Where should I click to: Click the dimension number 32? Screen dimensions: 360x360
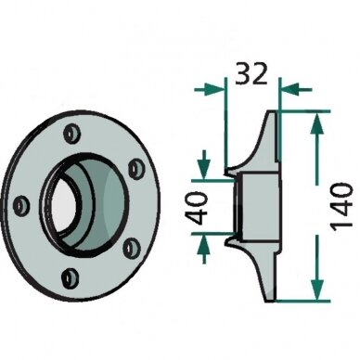(x=251, y=73)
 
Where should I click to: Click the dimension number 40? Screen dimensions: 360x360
(x=198, y=208)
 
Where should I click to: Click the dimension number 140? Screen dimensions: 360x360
(x=341, y=206)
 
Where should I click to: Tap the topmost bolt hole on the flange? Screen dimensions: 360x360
(x=71, y=135)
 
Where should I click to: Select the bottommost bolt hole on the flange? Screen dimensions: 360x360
(x=71, y=277)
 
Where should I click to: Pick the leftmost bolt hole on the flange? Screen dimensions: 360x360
(x=22, y=205)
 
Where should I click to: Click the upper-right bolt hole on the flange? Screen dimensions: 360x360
(x=136, y=168)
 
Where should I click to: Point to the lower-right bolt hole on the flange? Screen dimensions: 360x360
(x=132, y=248)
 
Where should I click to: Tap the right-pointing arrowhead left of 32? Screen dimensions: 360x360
(x=216, y=90)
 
